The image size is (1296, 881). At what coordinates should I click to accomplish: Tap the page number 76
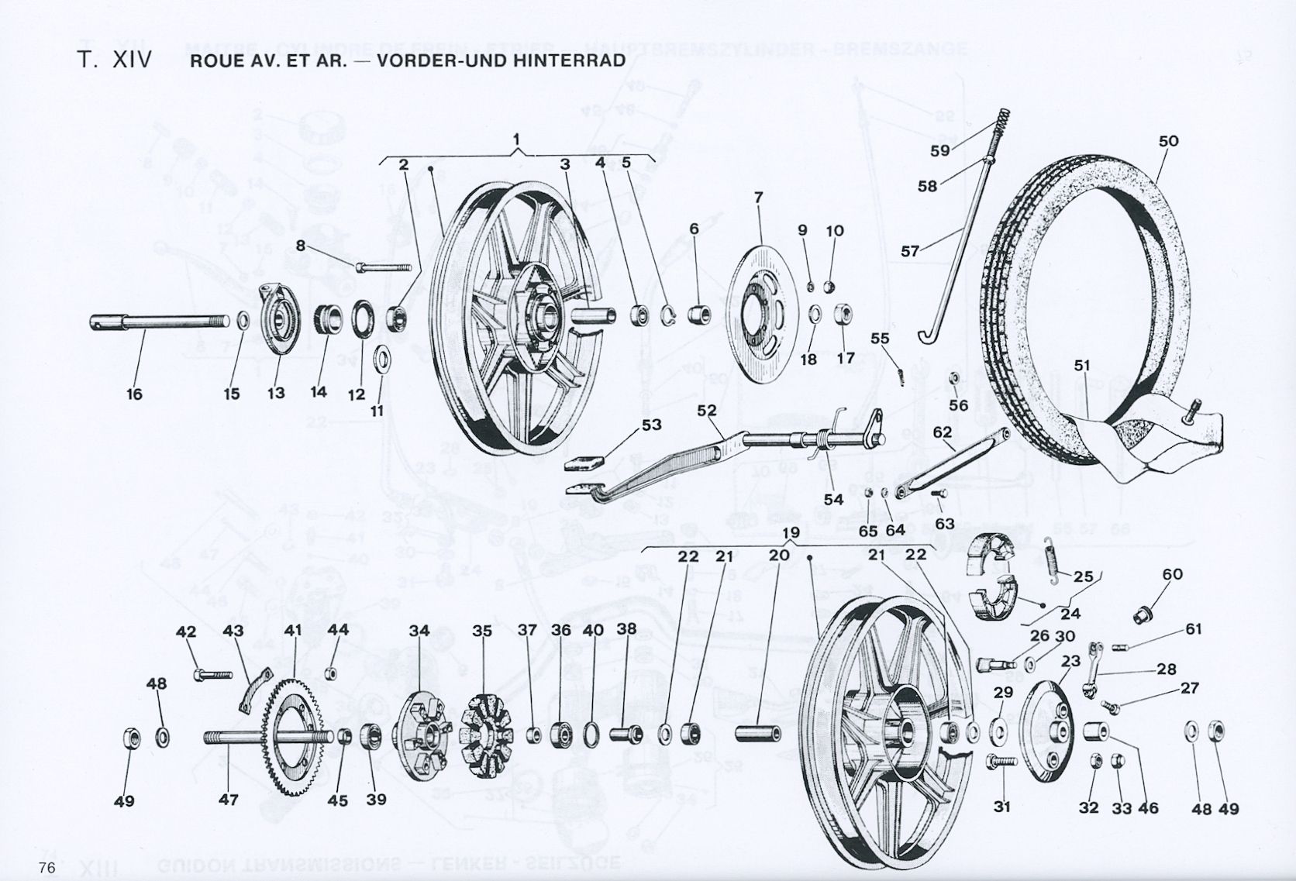tap(46, 867)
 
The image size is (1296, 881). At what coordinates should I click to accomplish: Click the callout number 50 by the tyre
tap(1168, 141)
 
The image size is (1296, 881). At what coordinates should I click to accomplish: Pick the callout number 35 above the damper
tap(482, 631)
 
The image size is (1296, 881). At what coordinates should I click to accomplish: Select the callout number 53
tap(650, 425)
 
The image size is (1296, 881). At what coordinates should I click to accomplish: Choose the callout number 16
tap(134, 394)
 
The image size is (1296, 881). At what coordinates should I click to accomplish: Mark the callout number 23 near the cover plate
tap(1070, 661)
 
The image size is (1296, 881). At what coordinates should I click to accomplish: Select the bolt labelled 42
tap(209, 673)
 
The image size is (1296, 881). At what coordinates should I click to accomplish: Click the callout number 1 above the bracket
tap(517, 140)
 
